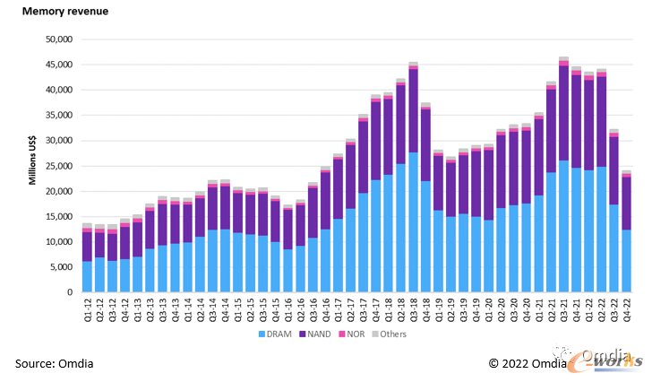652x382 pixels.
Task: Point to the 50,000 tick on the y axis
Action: (x=59, y=39)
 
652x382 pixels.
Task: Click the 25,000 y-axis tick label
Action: (x=59, y=166)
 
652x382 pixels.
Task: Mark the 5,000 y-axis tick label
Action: (x=62, y=267)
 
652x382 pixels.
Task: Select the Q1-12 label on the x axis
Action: (x=87, y=308)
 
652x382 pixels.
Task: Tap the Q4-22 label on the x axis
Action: (x=626, y=308)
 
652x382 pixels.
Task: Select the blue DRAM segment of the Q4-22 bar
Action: (x=626, y=261)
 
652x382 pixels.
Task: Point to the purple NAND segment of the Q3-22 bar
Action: (x=613, y=171)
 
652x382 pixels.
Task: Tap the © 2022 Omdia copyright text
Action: (x=527, y=363)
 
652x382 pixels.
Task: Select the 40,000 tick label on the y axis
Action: (x=59, y=90)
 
